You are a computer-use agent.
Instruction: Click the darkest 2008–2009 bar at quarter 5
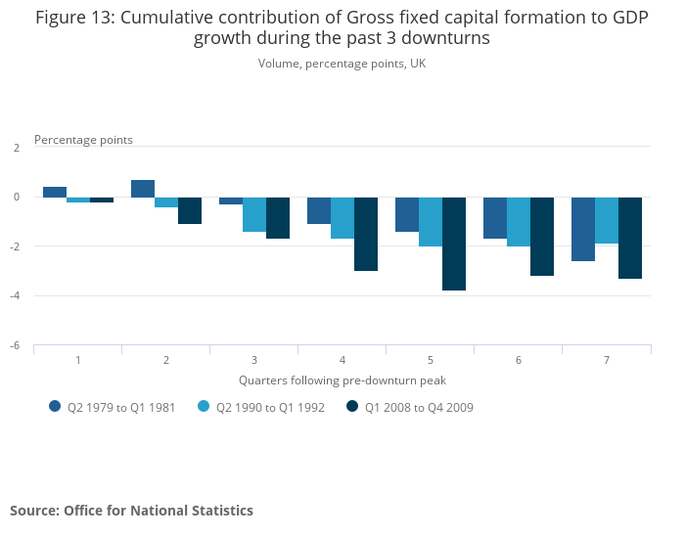pos(454,244)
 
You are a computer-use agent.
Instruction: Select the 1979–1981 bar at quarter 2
pos(143,189)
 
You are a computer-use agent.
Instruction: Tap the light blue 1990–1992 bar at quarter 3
pos(254,214)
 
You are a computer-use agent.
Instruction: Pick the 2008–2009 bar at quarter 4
pos(366,234)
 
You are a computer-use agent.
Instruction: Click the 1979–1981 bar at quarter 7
pos(583,229)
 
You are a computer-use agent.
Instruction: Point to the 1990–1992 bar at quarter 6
pos(519,221)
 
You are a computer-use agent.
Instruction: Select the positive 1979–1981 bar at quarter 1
pos(55,192)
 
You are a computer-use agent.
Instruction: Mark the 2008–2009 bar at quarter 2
pos(190,210)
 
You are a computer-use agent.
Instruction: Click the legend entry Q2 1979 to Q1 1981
pos(113,408)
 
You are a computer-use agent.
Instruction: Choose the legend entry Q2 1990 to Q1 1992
pos(261,408)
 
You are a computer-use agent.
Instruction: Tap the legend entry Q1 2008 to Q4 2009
pos(410,408)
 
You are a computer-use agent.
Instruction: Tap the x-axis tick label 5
pos(431,361)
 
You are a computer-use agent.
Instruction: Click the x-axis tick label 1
pos(78,361)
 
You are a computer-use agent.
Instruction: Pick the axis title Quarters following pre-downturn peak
pos(342,380)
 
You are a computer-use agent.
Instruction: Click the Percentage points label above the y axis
pos(83,140)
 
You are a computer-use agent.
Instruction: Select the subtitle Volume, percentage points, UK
pos(342,64)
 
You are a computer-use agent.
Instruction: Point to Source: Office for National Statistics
pos(131,511)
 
